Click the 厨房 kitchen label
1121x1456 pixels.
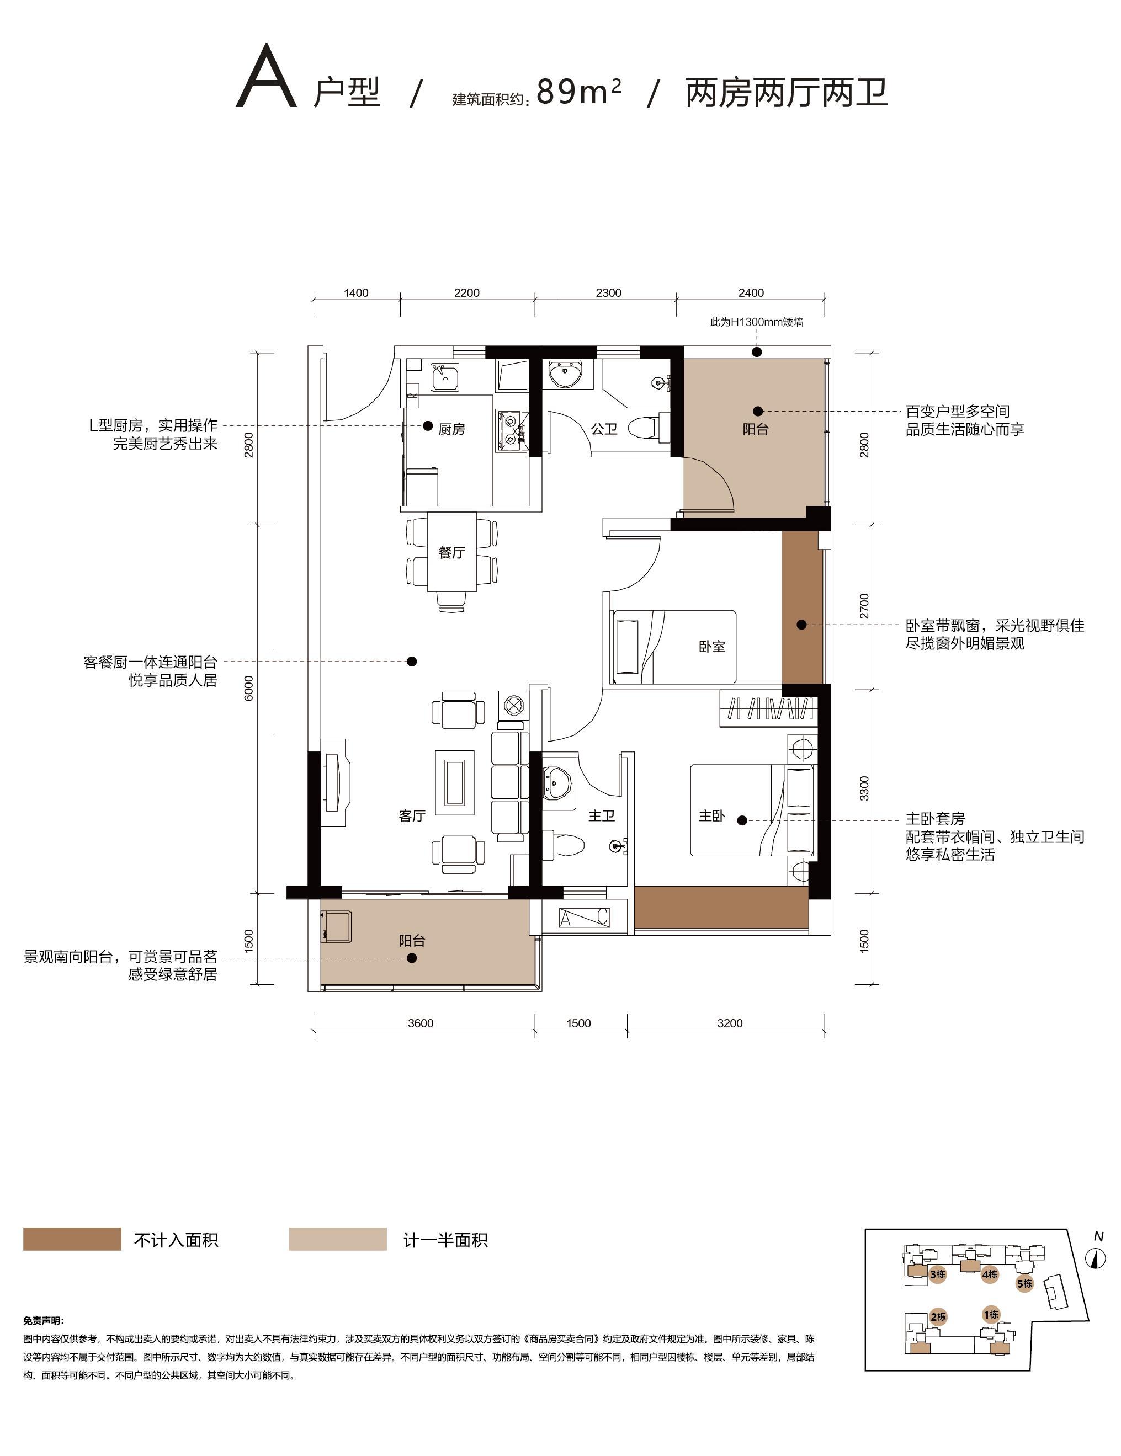tap(451, 429)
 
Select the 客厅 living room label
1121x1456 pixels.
tap(412, 815)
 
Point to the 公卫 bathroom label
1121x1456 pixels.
tap(604, 429)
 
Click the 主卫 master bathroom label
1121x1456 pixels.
tap(602, 815)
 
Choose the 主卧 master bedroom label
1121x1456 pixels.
tap(711, 815)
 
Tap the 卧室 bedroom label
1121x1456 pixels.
tap(712, 646)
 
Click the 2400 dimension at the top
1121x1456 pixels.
tap(751, 292)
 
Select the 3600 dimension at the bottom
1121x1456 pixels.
tap(421, 1023)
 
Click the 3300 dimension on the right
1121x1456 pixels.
tap(864, 788)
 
